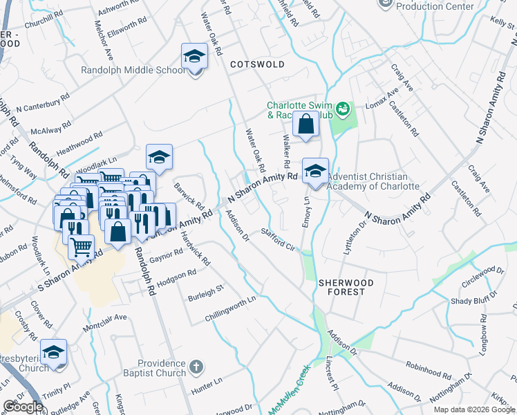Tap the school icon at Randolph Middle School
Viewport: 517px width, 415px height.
tap(195, 57)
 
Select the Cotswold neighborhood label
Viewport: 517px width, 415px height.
tap(257, 64)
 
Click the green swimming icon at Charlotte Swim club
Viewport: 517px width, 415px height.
tap(342, 109)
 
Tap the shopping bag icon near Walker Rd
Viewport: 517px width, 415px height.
tap(305, 125)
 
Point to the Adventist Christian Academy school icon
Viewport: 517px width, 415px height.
tap(316, 171)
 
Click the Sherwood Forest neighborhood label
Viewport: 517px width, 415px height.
tap(346, 288)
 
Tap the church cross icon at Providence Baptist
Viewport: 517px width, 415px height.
tap(196, 366)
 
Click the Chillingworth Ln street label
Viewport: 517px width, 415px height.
tap(230, 309)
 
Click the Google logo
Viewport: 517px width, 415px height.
tap(23, 406)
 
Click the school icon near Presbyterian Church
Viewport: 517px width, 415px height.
tap(53, 353)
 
